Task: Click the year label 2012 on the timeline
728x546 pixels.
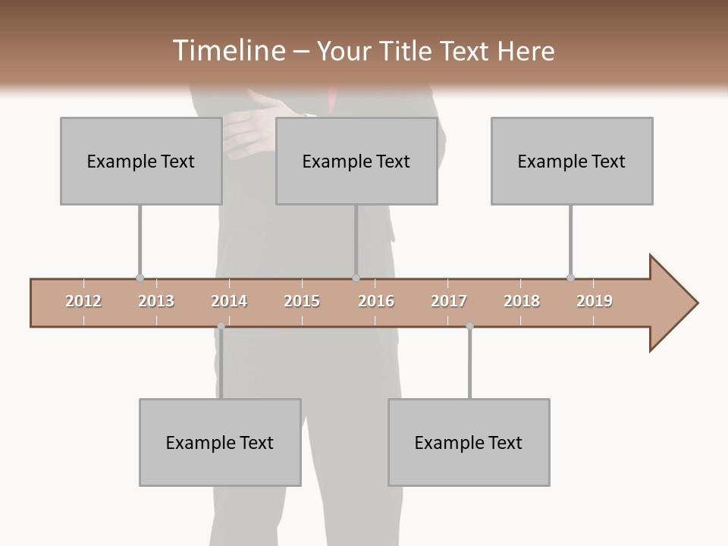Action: click(83, 301)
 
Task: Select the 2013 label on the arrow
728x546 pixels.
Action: click(156, 301)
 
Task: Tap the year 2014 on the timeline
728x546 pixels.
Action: click(229, 301)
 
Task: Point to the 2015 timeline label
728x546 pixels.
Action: click(302, 301)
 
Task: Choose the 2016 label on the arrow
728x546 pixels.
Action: click(376, 301)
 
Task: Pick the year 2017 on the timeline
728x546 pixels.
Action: click(449, 301)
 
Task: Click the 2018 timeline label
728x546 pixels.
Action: click(522, 301)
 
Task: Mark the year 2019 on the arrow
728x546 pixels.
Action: click(595, 301)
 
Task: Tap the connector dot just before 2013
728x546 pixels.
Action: click(140, 278)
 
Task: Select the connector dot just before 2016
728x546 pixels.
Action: click(356, 278)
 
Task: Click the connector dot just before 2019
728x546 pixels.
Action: click(570, 278)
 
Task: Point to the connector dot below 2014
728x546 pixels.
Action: click(221, 326)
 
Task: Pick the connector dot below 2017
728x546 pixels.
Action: click(469, 326)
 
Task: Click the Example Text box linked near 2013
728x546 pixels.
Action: click(141, 161)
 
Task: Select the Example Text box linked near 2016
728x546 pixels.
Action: click(356, 161)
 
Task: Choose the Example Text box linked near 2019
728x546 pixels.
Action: click(572, 161)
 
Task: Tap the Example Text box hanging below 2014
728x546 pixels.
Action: click(220, 442)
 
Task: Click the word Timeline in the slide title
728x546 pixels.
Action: click(227, 51)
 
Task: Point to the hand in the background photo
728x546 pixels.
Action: click(250, 129)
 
